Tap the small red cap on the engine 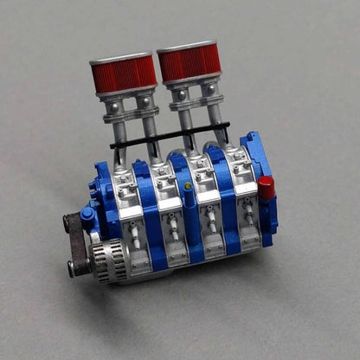pos(266,187)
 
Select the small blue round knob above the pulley pos(87,214)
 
